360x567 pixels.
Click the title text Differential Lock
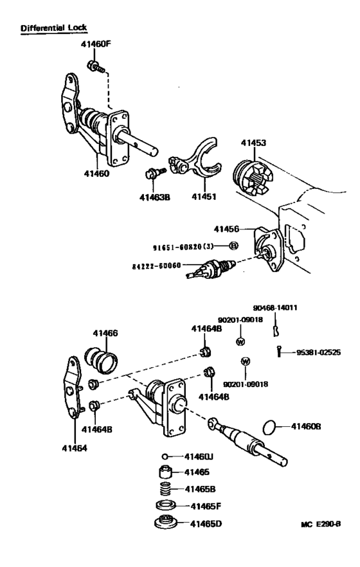coord(54,28)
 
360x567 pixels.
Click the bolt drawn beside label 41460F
coord(94,66)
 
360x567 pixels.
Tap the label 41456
coord(227,228)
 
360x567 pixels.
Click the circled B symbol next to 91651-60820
coord(233,246)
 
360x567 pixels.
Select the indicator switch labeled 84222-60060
coord(208,267)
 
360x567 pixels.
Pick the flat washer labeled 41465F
coord(166,505)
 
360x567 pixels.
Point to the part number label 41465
coord(198,472)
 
